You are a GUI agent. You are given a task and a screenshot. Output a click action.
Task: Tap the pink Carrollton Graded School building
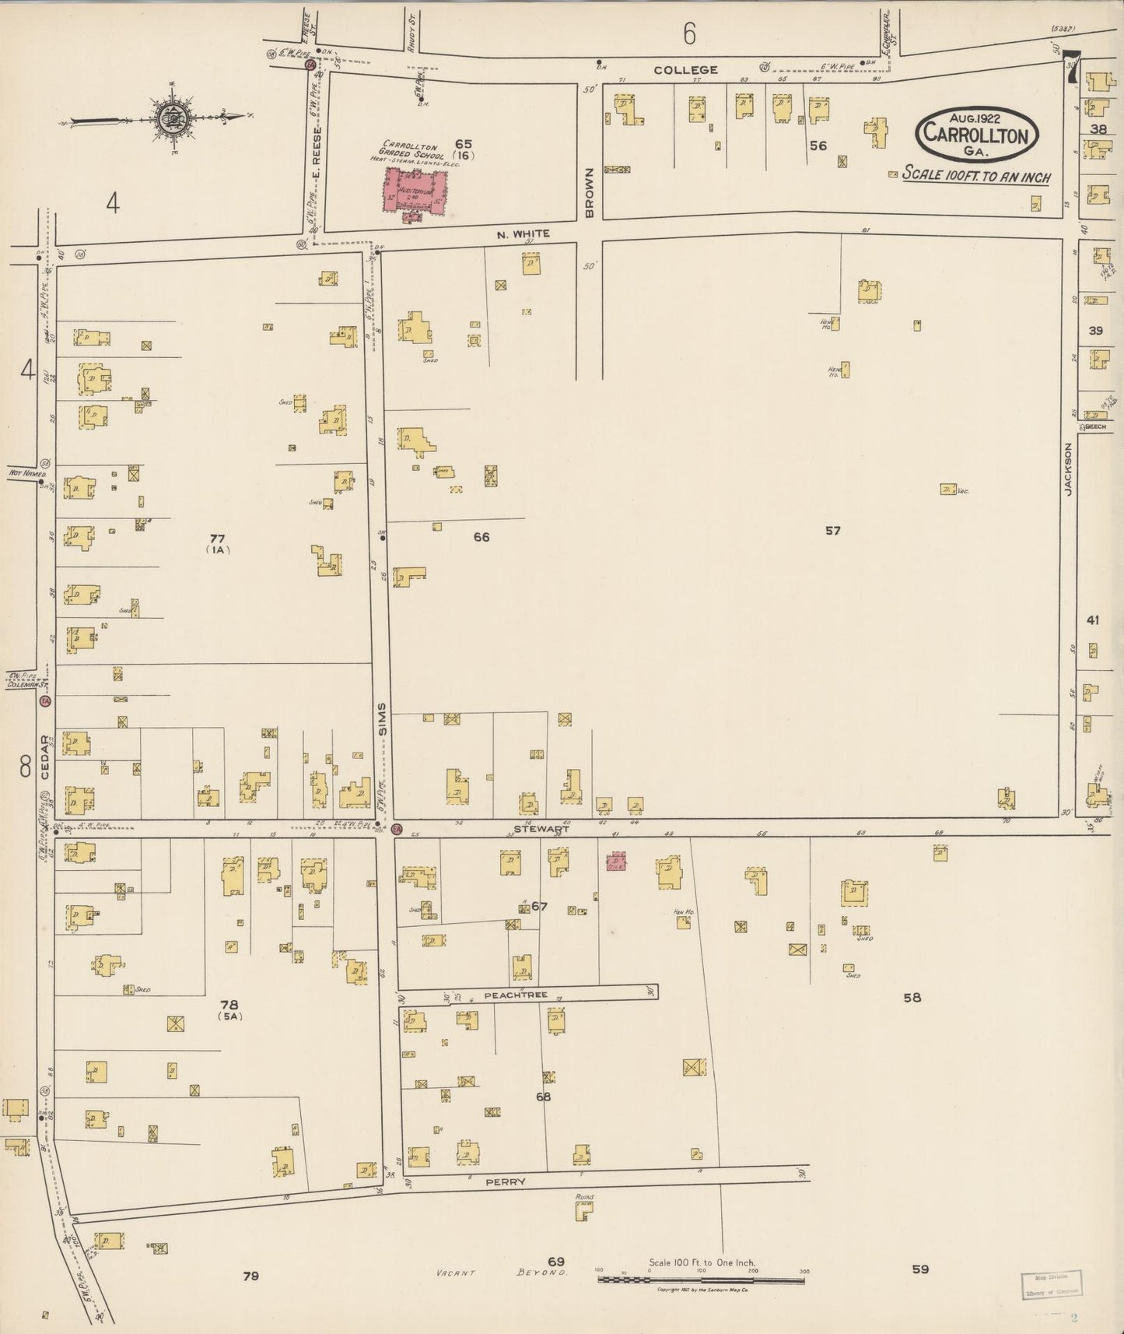418,191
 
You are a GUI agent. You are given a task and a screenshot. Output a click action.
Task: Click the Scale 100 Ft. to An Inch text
976,176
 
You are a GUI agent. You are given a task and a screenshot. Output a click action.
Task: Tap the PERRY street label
506,1181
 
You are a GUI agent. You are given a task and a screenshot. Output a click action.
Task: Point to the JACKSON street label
1068,469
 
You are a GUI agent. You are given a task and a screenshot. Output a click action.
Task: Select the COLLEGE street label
685,70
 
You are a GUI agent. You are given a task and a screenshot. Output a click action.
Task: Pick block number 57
833,530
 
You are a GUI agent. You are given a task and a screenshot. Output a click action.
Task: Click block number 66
481,536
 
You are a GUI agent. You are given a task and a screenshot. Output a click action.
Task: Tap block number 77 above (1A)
217,538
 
